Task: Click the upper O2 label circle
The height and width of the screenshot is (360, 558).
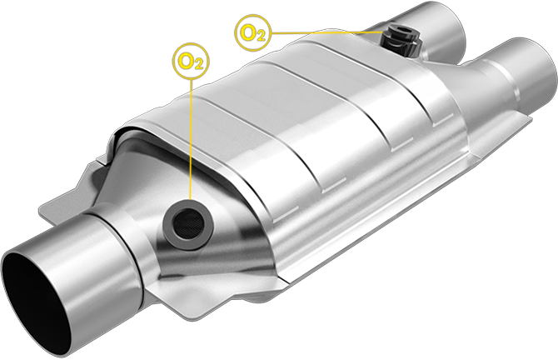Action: click(x=252, y=32)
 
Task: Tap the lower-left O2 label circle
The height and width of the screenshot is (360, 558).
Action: click(x=190, y=60)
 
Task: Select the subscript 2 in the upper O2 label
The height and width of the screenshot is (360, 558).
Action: click(x=260, y=35)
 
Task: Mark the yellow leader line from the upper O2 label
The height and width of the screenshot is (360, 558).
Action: click(x=325, y=32)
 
